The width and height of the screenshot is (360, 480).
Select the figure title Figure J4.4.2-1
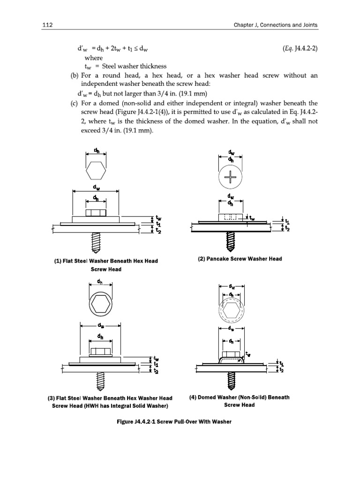point(143,421)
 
